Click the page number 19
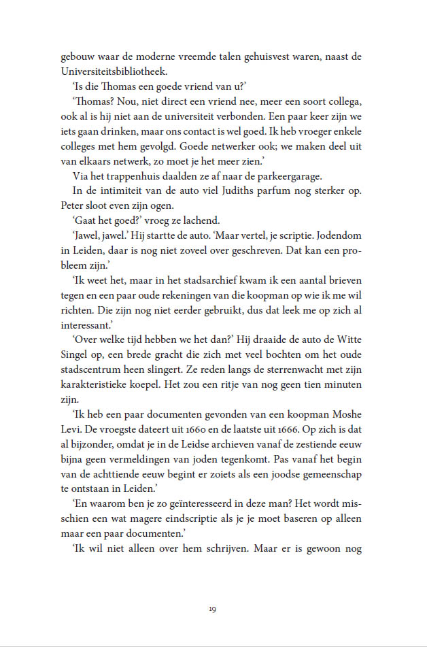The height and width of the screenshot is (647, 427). click(213, 608)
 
